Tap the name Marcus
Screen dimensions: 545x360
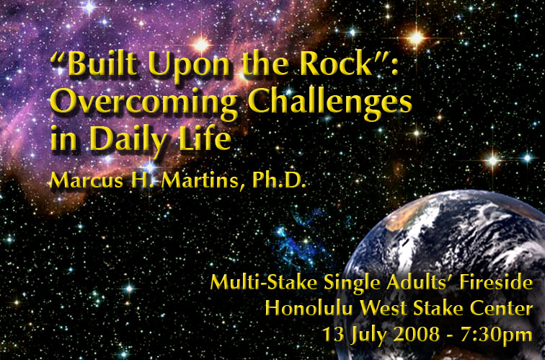87,180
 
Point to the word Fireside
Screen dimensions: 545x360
496,282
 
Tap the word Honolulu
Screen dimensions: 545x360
309,308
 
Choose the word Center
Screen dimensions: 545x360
502,308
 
